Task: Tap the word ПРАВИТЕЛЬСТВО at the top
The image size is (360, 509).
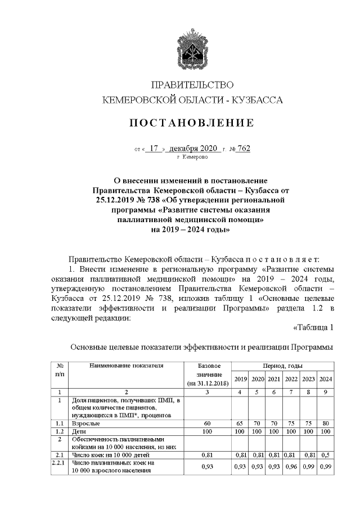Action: [192, 85]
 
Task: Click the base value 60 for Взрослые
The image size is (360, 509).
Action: [206, 422]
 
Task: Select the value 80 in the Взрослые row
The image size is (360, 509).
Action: [325, 422]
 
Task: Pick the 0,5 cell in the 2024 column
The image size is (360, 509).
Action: [325, 453]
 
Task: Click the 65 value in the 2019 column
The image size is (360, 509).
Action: [241, 422]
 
